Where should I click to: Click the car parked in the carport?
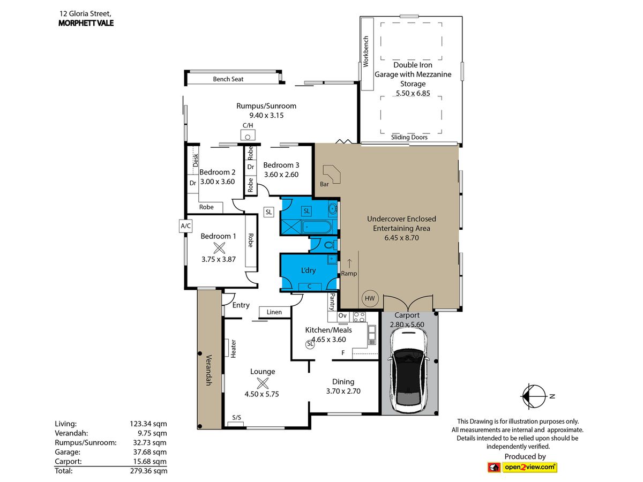click(x=408, y=370)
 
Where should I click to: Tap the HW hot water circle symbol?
click(x=370, y=298)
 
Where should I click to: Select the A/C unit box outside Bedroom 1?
click(x=185, y=226)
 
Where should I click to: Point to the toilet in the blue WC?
click(x=331, y=244)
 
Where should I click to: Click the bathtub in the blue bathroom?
click(x=317, y=227)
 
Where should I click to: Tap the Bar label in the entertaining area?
click(x=324, y=184)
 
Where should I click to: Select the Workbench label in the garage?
click(x=366, y=52)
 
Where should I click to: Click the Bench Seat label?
click(x=228, y=79)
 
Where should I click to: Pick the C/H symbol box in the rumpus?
click(x=248, y=135)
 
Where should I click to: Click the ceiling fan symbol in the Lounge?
click(x=263, y=383)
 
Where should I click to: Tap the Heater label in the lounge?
click(x=233, y=349)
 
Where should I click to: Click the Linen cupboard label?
click(x=274, y=312)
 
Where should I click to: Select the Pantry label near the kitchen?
click(x=332, y=302)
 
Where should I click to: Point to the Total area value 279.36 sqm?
click(x=149, y=471)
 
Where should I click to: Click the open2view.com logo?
click(x=522, y=468)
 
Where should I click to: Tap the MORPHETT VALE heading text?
click(x=86, y=23)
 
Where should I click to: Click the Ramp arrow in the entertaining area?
click(x=349, y=263)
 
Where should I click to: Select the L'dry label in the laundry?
click(x=309, y=270)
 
